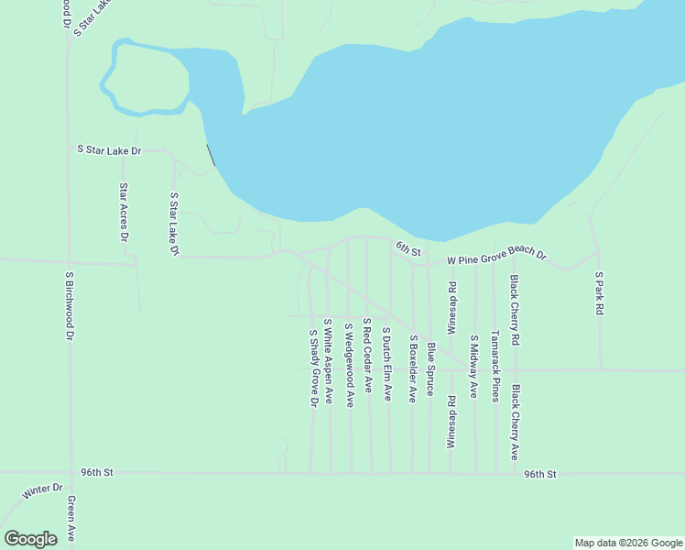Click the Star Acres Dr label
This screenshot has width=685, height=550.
124,212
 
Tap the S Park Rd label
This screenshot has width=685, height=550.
599,293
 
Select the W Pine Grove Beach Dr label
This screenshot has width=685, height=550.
496,258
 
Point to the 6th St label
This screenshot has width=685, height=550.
408,248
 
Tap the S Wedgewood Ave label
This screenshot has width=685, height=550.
349,365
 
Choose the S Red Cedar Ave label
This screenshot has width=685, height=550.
367,356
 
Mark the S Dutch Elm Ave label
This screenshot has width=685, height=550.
387,364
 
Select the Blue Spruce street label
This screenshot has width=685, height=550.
430,369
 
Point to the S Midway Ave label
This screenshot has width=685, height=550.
473,366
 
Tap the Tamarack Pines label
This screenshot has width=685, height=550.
495,366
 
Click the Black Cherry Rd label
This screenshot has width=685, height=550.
516,310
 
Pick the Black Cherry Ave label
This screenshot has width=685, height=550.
516,422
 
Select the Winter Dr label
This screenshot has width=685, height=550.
41,491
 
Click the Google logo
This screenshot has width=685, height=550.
30,539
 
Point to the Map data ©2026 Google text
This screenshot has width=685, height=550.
628,543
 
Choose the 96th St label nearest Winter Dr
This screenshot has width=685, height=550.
95,473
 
